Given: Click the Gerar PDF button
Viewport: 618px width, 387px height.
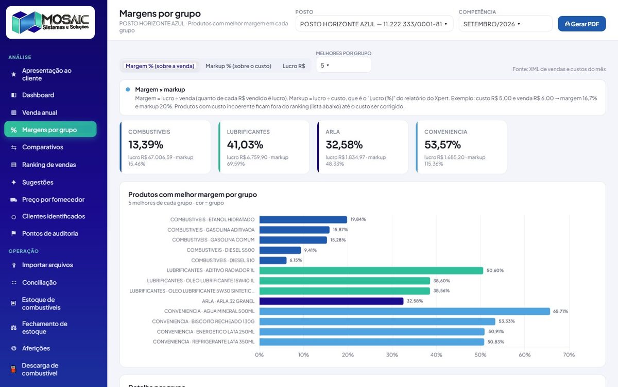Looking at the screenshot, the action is click(581, 24).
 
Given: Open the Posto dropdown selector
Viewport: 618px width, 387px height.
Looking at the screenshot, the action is click(374, 24).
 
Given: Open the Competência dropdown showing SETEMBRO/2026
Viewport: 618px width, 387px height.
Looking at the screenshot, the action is click(505, 24).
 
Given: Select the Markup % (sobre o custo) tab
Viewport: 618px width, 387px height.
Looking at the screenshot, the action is click(238, 66).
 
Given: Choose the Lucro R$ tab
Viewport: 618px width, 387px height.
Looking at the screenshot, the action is click(294, 66).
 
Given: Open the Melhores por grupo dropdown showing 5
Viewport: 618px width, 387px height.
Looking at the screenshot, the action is click(343, 65).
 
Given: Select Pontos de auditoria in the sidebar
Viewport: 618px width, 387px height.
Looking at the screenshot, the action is click(50, 234).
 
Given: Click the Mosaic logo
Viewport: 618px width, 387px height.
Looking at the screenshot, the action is click(50, 22).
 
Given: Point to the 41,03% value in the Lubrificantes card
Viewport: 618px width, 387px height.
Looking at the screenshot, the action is click(245, 144).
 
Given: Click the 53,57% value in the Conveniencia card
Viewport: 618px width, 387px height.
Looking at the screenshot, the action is click(442, 144).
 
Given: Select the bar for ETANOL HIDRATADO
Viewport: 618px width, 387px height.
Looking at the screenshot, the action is click(303, 219).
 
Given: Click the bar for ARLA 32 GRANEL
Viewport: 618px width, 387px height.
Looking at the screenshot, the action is click(331, 301).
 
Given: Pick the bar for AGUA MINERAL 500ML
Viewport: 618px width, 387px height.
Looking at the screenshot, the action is click(404, 311).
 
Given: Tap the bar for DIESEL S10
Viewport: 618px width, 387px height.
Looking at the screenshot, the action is click(273, 261).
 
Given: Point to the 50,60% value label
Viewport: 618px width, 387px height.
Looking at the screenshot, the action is click(495, 270).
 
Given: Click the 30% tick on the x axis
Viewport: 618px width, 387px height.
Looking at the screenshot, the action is click(392, 354).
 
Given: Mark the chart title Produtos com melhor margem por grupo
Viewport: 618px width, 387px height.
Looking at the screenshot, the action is click(192, 195).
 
